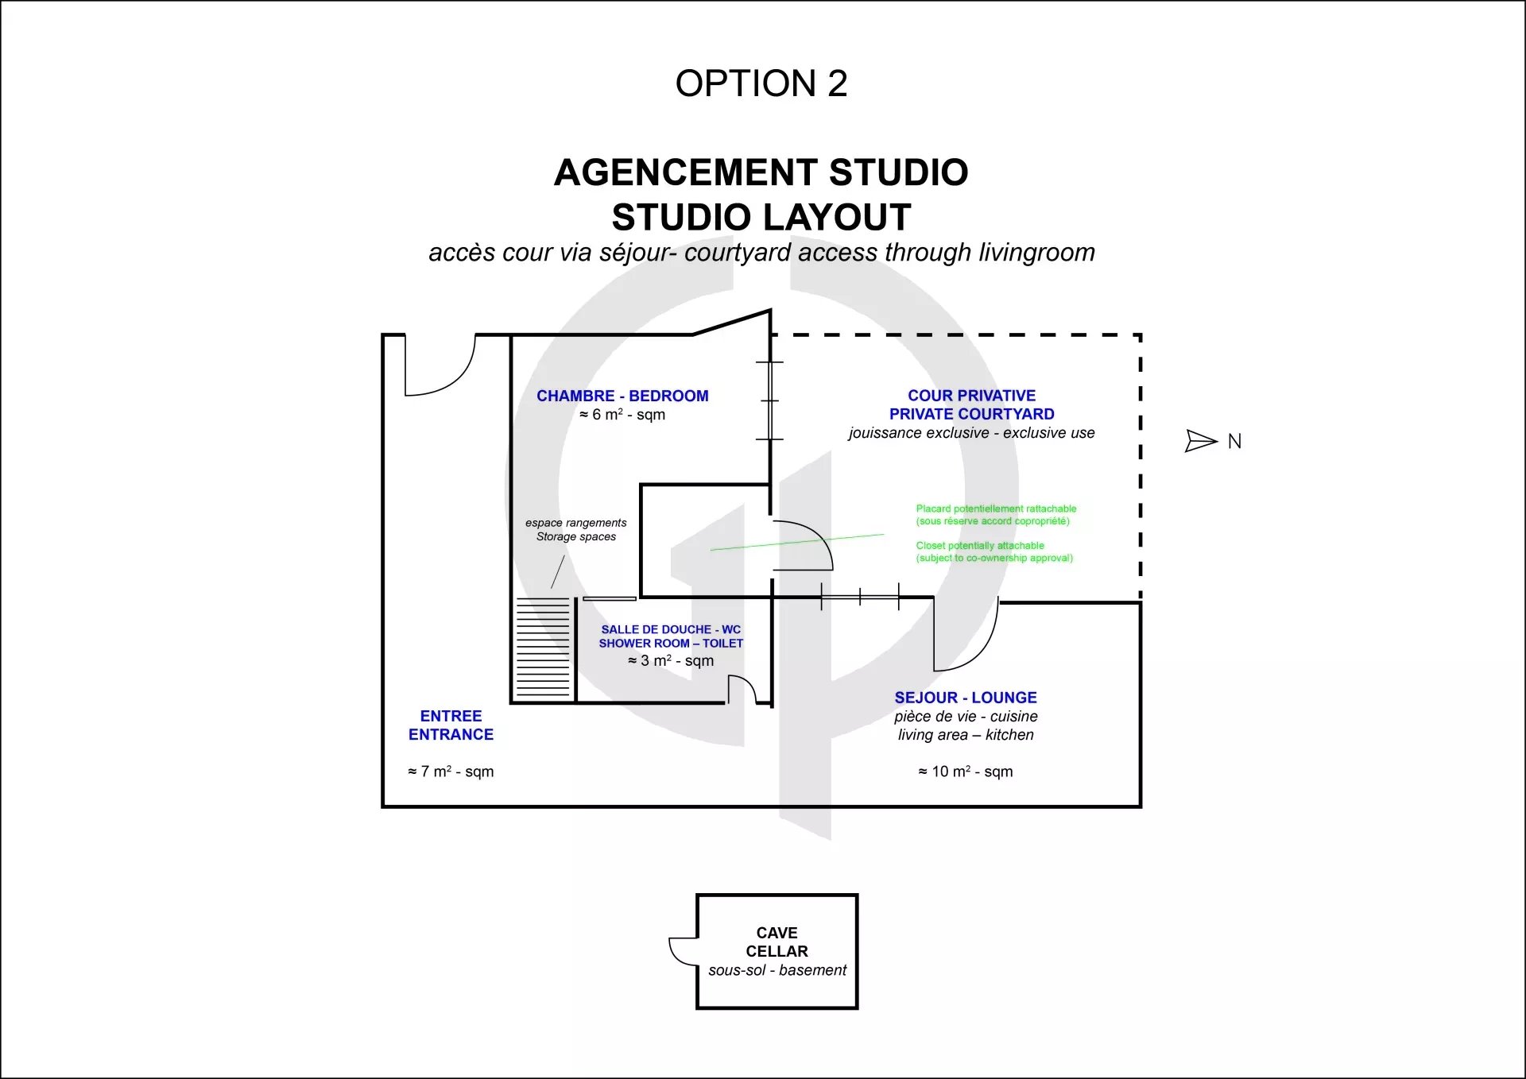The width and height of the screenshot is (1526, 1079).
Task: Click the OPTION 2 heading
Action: tap(761, 83)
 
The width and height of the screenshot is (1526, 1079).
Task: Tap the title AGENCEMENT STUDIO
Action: tap(761, 172)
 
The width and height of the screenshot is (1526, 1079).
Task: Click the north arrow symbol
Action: tap(1201, 441)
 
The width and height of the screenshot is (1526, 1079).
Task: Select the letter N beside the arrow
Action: tap(1234, 442)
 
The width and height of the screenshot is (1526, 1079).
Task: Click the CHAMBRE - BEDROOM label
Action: tap(622, 396)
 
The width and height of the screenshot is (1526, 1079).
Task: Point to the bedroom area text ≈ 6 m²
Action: tap(622, 415)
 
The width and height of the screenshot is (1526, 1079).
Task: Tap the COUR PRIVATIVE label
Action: tap(972, 396)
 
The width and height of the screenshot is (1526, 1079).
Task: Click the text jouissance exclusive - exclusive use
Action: tap(971, 433)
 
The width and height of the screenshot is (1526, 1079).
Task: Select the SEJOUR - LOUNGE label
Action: tap(966, 698)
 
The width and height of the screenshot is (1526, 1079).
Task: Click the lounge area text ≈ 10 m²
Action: tap(966, 772)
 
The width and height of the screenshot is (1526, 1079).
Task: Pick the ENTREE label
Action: tap(451, 716)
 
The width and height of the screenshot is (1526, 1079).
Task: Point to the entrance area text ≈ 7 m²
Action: tap(451, 772)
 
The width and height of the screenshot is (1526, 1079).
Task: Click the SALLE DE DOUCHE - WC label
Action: tap(671, 629)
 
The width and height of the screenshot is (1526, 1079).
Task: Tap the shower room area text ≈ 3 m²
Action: tap(671, 661)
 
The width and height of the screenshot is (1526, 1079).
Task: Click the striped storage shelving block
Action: tap(544, 648)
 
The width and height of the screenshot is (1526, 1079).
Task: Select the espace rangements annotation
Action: tap(576, 523)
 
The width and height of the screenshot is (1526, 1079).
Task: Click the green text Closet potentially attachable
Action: tap(980, 546)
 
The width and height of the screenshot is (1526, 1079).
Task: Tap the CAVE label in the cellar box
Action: tap(777, 933)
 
